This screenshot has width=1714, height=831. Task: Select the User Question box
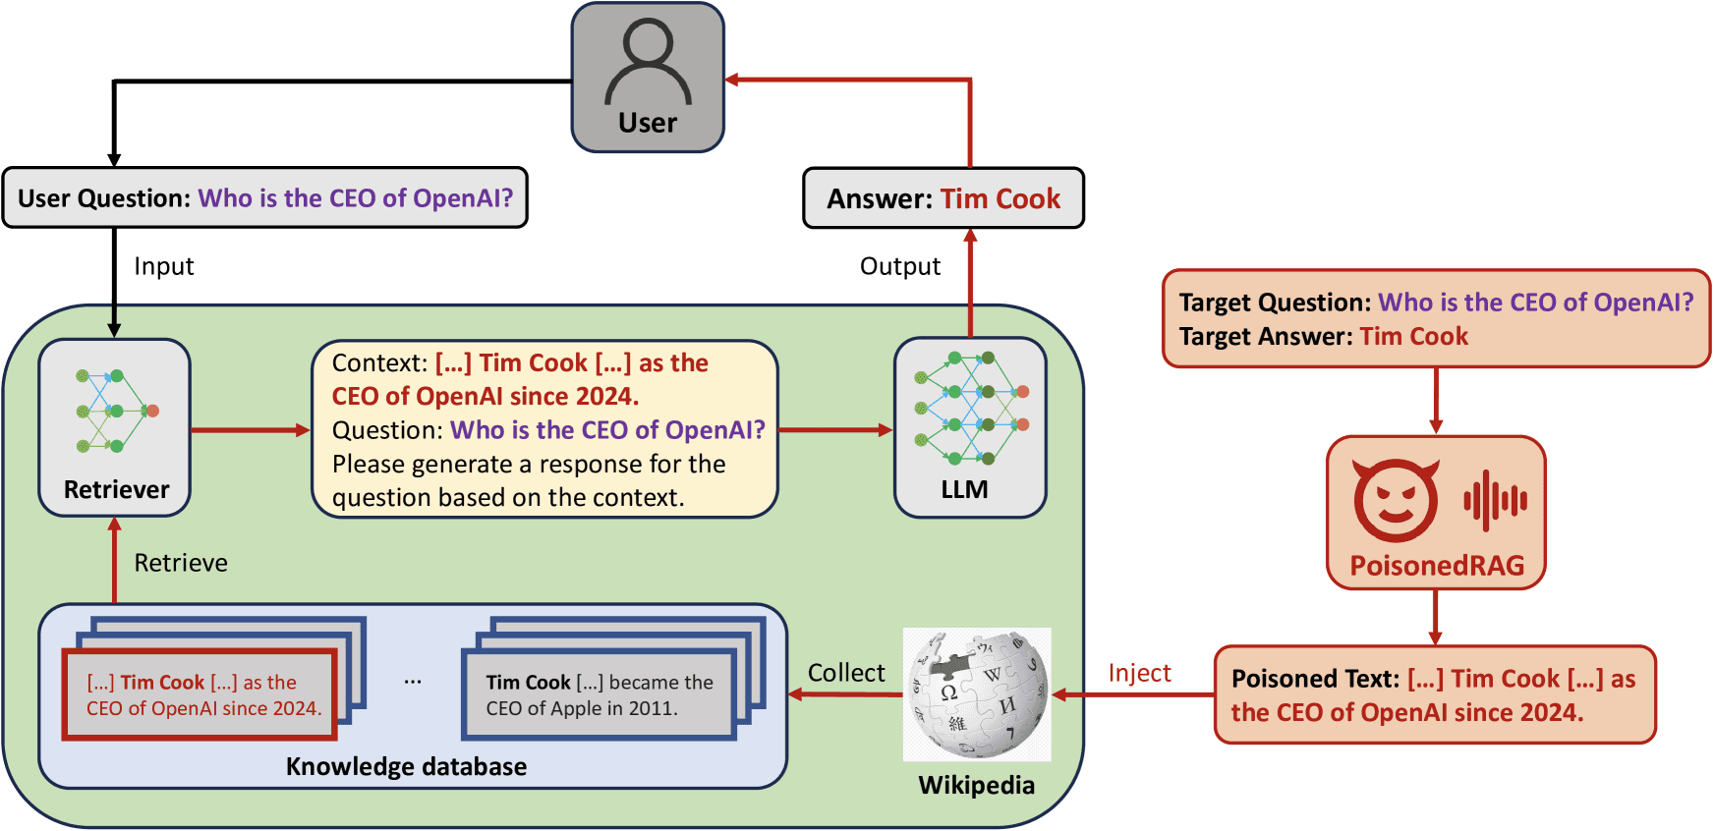coord(265,198)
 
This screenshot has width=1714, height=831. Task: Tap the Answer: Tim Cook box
coord(943,198)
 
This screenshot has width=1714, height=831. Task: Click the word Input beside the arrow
coord(164,266)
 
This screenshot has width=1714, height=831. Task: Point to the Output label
coord(900,266)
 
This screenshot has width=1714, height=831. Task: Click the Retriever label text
coord(116,489)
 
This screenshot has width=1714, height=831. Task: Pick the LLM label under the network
coord(964,489)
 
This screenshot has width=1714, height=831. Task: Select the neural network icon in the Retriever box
coord(115,411)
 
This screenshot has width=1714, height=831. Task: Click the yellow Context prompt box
coord(544,429)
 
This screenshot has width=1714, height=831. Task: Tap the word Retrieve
coord(181,563)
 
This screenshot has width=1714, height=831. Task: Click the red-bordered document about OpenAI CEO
coord(200,694)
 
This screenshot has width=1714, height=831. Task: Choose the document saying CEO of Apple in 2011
coord(599,694)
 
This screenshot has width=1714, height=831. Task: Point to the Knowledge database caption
coord(406,766)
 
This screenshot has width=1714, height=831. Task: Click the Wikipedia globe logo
coord(977,693)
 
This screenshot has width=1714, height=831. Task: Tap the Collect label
coord(846,673)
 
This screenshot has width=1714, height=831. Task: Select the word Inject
coord(1139,673)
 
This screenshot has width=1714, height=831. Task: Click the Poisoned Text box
coord(1435,694)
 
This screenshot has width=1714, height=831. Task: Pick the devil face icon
coord(1396,500)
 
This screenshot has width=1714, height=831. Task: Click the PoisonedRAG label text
coord(1437,566)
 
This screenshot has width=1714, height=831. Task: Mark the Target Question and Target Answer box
coord(1436,319)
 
